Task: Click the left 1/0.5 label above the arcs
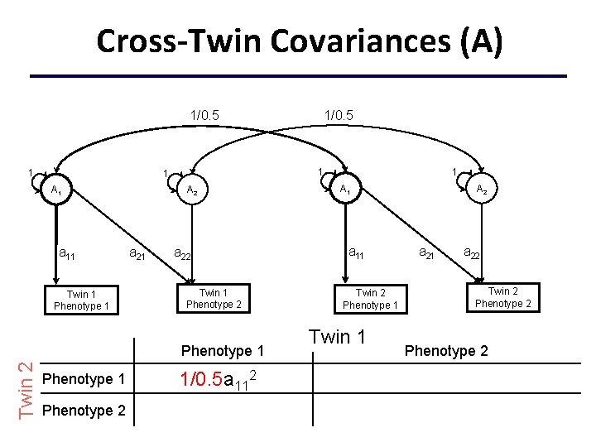[204, 115]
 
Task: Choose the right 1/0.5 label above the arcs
[339, 115]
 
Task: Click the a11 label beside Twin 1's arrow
[67, 253]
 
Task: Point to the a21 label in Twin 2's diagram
[426, 252]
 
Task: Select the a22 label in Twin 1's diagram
[182, 253]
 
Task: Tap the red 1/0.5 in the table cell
[201, 379]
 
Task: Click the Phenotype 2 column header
[446, 351]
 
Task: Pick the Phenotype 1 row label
[84, 379]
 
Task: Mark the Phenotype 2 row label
[84, 411]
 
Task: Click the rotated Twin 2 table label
[26, 391]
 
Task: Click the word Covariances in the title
[360, 41]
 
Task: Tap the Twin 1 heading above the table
[337, 337]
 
